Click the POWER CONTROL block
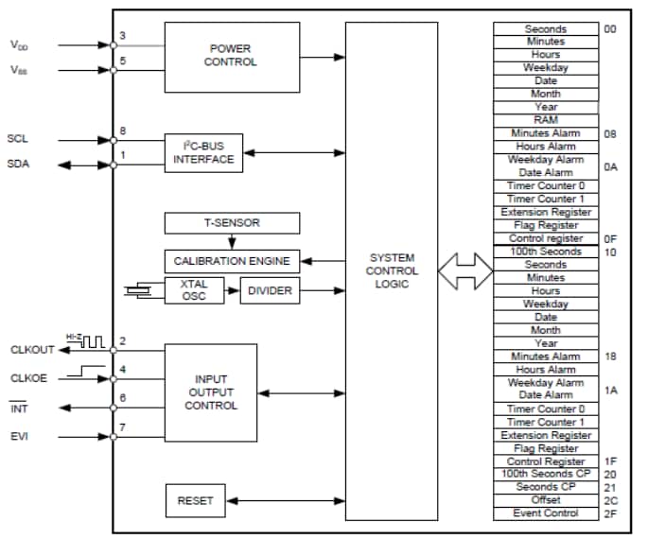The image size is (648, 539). (x=232, y=56)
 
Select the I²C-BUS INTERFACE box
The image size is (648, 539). (x=203, y=152)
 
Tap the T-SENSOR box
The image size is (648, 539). (x=232, y=223)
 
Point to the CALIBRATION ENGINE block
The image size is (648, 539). (x=232, y=260)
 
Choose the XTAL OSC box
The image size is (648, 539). (x=193, y=290)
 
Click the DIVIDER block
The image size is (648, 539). (x=271, y=290)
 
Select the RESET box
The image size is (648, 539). (x=195, y=501)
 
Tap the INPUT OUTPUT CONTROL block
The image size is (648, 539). (x=211, y=392)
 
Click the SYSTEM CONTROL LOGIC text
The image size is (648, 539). (x=391, y=270)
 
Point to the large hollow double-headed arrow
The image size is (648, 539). (x=464, y=270)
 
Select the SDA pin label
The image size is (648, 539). (x=18, y=165)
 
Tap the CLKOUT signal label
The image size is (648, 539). (x=28, y=349)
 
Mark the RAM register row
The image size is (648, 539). (x=546, y=120)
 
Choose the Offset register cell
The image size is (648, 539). (x=546, y=500)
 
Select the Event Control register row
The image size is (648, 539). (x=546, y=513)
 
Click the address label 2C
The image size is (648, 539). (x=610, y=500)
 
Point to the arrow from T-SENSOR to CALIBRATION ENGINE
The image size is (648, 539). (x=232, y=241)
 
